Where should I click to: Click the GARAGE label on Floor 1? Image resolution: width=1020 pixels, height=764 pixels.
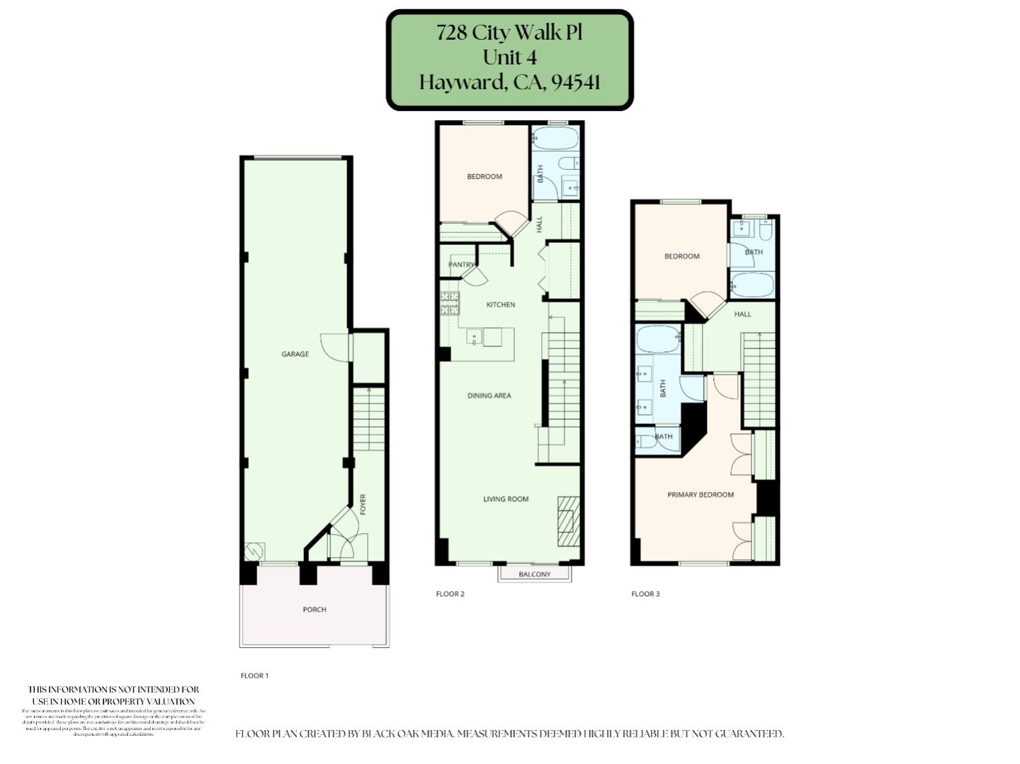(x=295, y=354)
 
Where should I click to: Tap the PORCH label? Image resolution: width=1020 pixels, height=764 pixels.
(x=314, y=610)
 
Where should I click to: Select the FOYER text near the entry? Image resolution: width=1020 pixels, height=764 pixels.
(x=363, y=504)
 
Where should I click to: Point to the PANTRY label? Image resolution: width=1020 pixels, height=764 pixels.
(x=461, y=265)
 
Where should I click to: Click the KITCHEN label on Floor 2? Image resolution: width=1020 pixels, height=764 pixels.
(x=500, y=304)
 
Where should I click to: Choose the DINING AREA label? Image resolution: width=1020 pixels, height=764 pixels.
(x=489, y=396)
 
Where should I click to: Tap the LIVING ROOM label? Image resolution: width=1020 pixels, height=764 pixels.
(x=506, y=499)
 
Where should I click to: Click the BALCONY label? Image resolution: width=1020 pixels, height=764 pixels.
(x=534, y=574)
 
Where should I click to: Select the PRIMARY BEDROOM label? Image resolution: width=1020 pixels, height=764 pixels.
(x=700, y=495)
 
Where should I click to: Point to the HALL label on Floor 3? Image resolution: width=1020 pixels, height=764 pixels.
(x=742, y=314)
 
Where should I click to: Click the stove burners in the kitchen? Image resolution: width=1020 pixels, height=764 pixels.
(x=449, y=304)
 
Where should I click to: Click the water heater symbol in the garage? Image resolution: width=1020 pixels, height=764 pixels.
(x=254, y=552)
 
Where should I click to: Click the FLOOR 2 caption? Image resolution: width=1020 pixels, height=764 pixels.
(x=450, y=594)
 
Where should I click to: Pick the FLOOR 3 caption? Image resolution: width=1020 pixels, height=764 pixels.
(x=645, y=594)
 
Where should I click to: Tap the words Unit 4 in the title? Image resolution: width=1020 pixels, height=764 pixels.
(x=509, y=57)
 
